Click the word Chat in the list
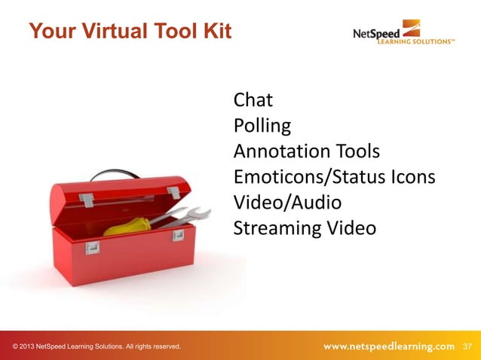pos(253,99)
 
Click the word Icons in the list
pos(415,177)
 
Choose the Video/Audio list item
pos(287,203)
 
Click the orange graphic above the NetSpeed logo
pos(411,27)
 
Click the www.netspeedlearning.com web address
pos(389,346)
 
